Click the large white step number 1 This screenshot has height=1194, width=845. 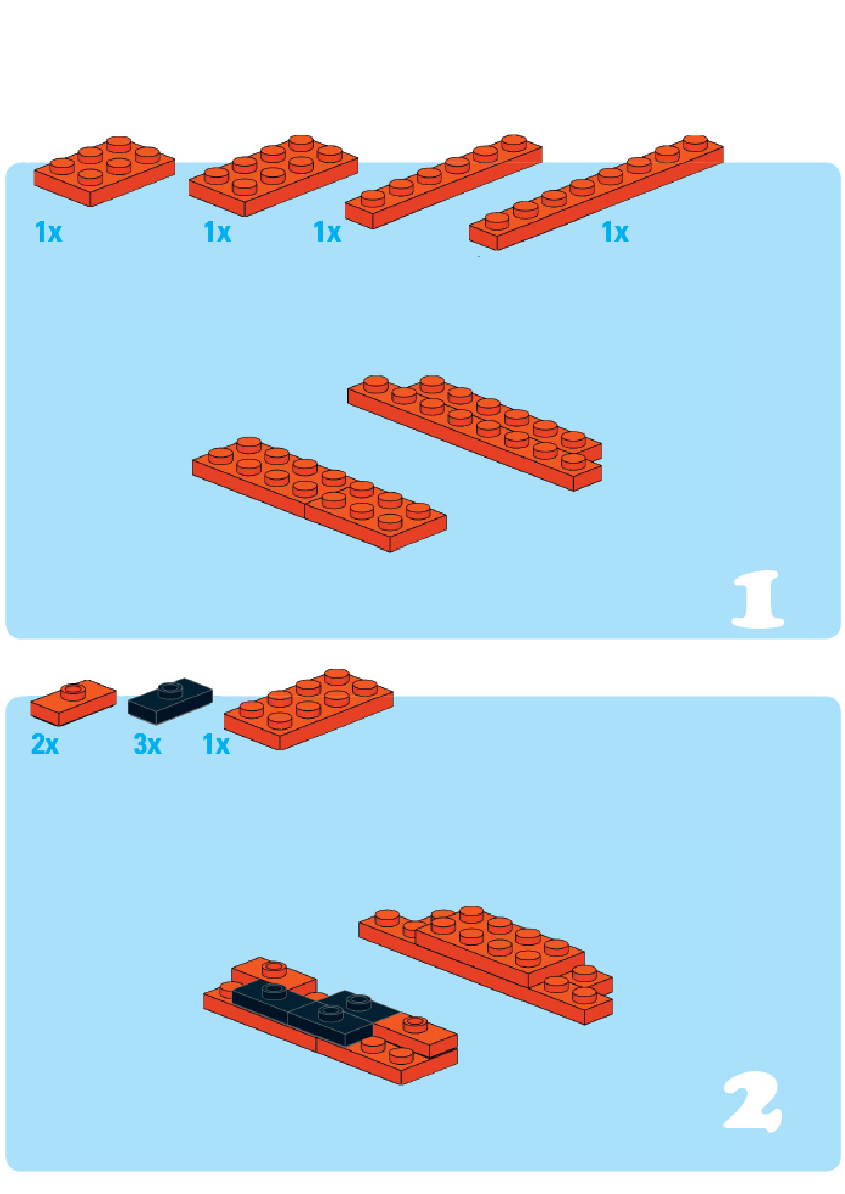click(758, 599)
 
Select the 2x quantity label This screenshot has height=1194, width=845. click(45, 744)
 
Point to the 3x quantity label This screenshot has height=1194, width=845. click(147, 744)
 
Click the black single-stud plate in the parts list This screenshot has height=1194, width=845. click(170, 700)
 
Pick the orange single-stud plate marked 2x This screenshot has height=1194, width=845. click(73, 702)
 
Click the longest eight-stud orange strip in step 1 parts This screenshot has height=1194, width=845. click(596, 192)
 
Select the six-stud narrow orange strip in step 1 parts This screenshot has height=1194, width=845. click(443, 181)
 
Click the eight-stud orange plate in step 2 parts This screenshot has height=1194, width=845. click(308, 709)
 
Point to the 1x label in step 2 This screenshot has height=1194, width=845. click(216, 744)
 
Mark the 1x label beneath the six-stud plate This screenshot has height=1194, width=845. click(49, 232)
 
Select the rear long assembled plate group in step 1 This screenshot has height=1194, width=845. click(475, 433)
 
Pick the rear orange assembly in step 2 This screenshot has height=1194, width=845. click(485, 965)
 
